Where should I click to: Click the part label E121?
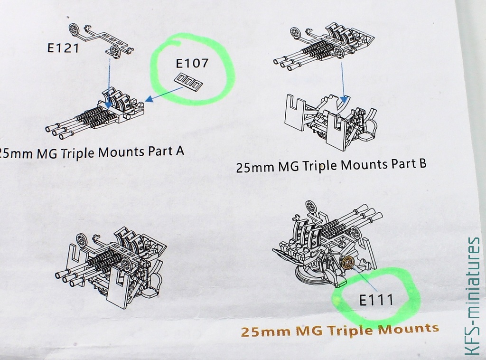pyautogui.click(x=63, y=48)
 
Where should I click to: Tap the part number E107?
pyautogui.click(x=192, y=63)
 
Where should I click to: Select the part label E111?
pyautogui.click(x=376, y=300)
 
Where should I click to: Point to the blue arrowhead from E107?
pyautogui.click(x=150, y=99)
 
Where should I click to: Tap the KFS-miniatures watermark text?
pyautogui.click(x=473, y=296)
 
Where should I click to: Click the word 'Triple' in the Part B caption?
pyautogui.click(x=319, y=166)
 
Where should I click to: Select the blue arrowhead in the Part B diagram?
pyautogui.click(x=343, y=100)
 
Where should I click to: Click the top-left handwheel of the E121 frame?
pyautogui.click(x=74, y=29)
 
